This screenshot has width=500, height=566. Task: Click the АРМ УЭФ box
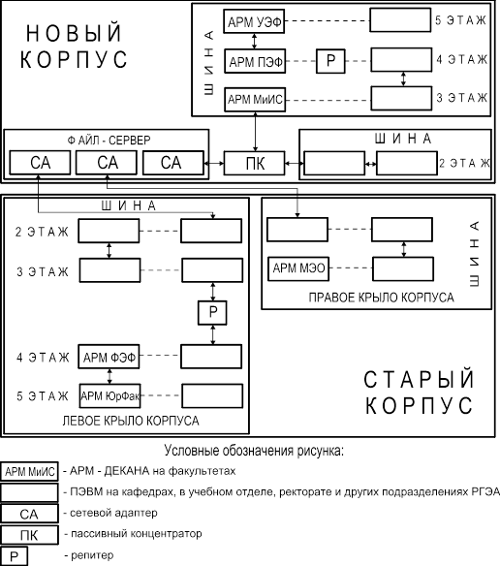254,21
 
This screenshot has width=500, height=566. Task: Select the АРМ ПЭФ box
255,61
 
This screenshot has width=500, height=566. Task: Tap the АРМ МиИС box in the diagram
255,99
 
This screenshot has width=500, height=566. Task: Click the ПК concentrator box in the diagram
255,164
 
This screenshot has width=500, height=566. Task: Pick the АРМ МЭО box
298,268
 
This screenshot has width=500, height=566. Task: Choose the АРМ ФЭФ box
109,357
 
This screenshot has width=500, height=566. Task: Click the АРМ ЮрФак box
109,396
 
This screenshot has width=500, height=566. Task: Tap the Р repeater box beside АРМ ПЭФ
330,61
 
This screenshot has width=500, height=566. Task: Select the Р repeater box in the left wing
212,313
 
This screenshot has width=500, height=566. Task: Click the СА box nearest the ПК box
173,163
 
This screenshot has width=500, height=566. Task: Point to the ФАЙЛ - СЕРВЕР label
109,141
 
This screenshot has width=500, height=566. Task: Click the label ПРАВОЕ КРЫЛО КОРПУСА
381,298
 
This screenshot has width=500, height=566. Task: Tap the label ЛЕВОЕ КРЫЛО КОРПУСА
131,421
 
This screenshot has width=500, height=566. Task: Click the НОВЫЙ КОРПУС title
74,47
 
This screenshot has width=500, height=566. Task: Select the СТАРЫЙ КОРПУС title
419,393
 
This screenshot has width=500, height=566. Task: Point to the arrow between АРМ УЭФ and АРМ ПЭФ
255,41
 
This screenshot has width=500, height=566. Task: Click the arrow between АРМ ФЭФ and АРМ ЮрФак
109,376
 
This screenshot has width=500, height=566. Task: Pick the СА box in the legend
29,514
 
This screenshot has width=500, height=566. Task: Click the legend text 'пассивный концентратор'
136,534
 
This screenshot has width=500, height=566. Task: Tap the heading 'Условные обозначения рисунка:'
254,452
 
